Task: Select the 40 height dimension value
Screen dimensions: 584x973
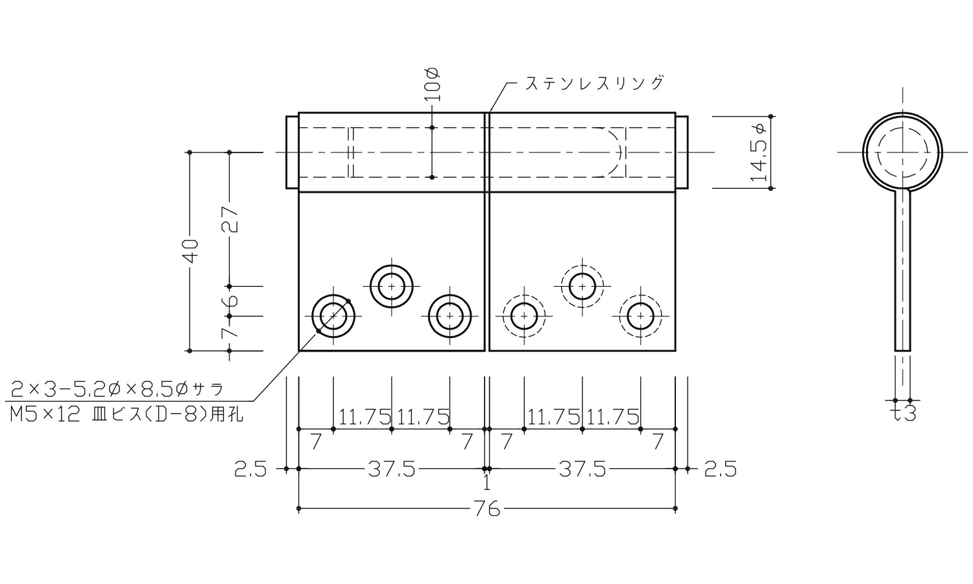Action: tap(190, 251)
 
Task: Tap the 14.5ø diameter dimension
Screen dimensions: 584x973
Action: tap(758, 152)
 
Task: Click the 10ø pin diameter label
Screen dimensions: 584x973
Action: tap(433, 82)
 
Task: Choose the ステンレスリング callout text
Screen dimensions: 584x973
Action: tap(594, 83)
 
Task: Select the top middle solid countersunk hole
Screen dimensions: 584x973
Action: tap(391, 286)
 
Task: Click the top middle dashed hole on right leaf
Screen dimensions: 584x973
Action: tap(583, 286)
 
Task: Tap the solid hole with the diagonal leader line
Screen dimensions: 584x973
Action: tap(333, 316)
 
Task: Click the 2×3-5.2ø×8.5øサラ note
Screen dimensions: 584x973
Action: tap(117, 389)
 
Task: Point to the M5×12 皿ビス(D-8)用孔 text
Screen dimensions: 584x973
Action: tap(127, 414)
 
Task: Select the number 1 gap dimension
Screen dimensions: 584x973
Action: tap(486, 483)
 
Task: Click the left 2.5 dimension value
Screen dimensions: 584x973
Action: tap(250, 469)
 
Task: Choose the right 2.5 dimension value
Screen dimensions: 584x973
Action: tap(720, 469)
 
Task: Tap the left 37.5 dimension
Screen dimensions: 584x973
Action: tap(391, 469)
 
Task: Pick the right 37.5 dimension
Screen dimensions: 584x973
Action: tap(582, 469)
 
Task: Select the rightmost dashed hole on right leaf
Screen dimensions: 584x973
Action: tap(640, 316)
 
